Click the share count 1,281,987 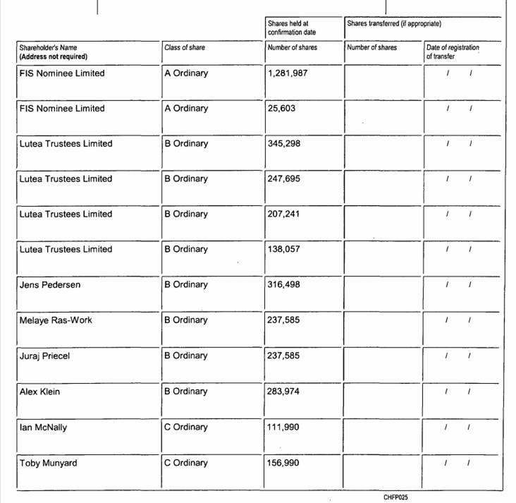(x=288, y=73)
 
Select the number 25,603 (x=283, y=109)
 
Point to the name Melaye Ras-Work (x=56, y=320)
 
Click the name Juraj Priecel (x=45, y=356)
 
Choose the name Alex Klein (x=39, y=392)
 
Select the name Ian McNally (x=44, y=428)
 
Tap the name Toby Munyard (x=48, y=463)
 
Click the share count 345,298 (x=284, y=144)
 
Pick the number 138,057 (x=284, y=250)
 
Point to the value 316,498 (x=284, y=285)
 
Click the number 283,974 (x=284, y=392)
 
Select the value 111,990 (x=284, y=428)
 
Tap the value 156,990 (x=284, y=463)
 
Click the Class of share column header (x=185, y=48)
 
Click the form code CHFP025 (x=395, y=497)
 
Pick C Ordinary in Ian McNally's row (x=186, y=428)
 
